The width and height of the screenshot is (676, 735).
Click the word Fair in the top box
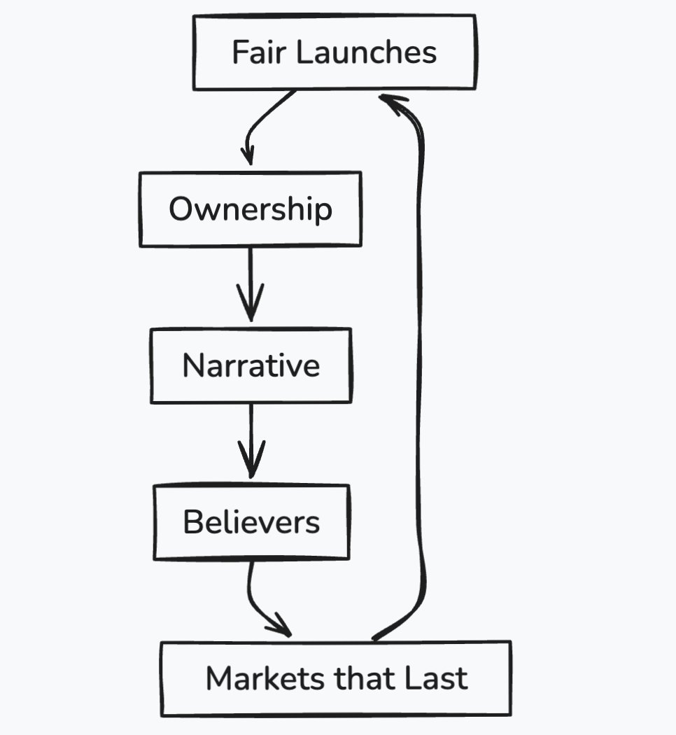[259, 52]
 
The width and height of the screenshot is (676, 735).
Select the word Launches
[367, 52]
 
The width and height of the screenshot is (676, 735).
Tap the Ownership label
[251, 209]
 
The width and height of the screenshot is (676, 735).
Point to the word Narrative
[251, 365]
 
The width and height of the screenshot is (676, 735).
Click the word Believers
[251, 521]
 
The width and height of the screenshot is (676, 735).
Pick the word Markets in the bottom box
[265, 678]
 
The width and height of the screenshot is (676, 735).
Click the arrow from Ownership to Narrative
[250, 284]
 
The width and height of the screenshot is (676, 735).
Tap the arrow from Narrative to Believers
[251, 440]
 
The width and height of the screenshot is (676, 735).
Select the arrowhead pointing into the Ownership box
[247, 155]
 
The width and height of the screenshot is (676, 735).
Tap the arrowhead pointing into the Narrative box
[251, 303]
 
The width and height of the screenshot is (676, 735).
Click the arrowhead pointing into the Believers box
[251, 459]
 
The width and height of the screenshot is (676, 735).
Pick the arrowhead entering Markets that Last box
[281, 626]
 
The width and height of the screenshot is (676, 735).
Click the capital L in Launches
[304, 52]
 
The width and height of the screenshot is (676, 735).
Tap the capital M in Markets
[219, 678]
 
